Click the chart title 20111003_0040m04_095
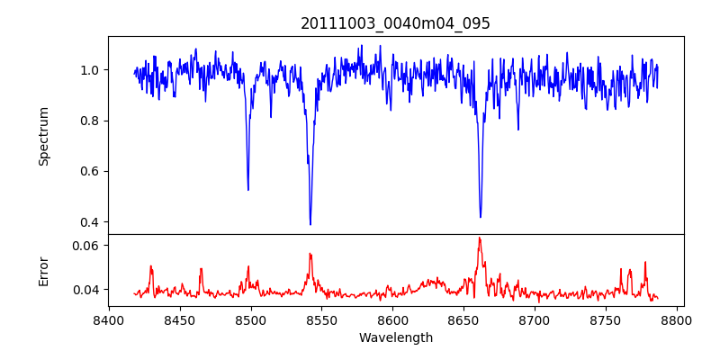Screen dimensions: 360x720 tap(396, 23)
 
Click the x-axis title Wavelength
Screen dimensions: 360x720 tap(396, 338)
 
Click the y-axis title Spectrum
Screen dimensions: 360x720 tap(44, 136)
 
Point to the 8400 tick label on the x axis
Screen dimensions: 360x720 tap(109, 319)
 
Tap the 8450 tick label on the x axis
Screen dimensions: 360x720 tap(180, 319)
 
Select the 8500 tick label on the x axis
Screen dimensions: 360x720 tap(250, 319)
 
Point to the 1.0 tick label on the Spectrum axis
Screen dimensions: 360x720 tap(90, 70)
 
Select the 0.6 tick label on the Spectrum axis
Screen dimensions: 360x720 tap(90, 171)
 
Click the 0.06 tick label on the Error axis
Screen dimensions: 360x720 tap(86, 245)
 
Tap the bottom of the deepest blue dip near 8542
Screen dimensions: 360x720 tap(310, 224)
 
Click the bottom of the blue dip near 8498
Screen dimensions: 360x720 tap(248, 190)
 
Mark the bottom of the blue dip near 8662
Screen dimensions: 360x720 tap(481, 217)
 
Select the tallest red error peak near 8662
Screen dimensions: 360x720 tap(480, 238)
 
